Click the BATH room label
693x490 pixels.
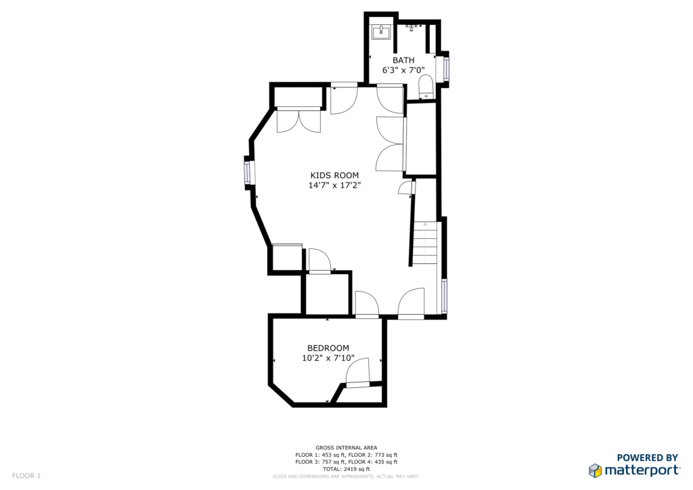(x=403, y=60)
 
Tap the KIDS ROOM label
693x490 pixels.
(x=334, y=175)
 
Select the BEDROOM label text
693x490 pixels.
(x=328, y=348)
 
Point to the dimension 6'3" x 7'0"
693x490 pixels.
(x=403, y=70)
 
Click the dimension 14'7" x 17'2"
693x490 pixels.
(x=334, y=185)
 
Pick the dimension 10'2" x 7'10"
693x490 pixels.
(x=328, y=358)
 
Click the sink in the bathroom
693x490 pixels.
(x=380, y=32)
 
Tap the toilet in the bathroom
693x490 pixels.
(x=426, y=87)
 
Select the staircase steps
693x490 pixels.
(x=425, y=243)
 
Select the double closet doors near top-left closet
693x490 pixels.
(x=298, y=120)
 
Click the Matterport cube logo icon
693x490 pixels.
(x=595, y=470)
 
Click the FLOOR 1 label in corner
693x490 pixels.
(x=26, y=476)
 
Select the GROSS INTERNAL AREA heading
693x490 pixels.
(x=346, y=447)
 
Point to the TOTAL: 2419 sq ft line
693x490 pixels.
(x=346, y=469)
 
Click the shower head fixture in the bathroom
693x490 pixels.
(x=412, y=28)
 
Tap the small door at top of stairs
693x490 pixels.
(x=407, y=187)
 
